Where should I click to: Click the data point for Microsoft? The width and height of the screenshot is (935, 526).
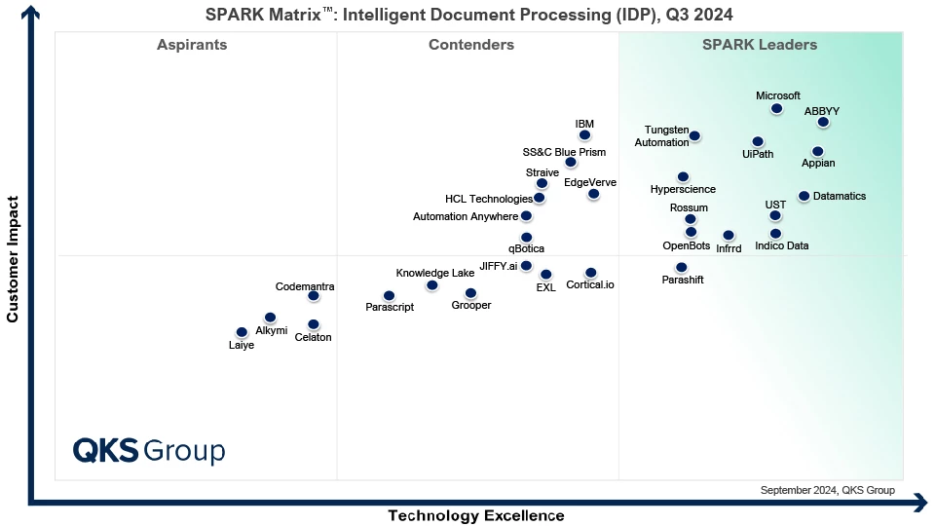click(776, 109)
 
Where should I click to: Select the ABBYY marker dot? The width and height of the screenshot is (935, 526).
click(823, 123)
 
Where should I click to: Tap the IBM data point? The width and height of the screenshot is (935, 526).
click(584, 135)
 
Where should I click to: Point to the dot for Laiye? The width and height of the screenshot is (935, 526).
click(242, 332)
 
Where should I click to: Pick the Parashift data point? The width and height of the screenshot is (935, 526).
click(681, 267)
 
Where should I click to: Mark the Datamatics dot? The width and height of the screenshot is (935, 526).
click(804, 196)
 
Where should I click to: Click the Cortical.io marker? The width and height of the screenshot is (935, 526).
click(590, 273)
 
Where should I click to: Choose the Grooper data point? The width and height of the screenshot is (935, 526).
click(470, 293)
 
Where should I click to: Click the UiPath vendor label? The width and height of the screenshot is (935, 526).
click(758, 154)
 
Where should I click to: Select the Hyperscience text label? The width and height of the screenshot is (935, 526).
click(683, 189)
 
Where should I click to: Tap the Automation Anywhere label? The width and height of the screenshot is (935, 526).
click(466, 216)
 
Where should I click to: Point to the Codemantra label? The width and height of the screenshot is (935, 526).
click(305, 286)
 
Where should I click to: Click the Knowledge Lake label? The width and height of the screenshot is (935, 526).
click(434, 273)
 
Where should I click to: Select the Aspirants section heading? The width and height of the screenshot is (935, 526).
click(192, 45)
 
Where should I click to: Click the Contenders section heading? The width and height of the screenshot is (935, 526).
click(471, 45)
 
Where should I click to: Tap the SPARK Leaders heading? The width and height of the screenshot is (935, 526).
click(760, 45)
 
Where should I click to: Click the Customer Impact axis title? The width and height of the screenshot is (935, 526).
click(14, 259)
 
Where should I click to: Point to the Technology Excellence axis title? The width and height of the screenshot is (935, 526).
click(476, 515)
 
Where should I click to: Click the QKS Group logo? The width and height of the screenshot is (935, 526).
click(149, 451)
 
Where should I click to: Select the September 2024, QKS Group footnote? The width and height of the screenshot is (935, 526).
click(827, 490)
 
